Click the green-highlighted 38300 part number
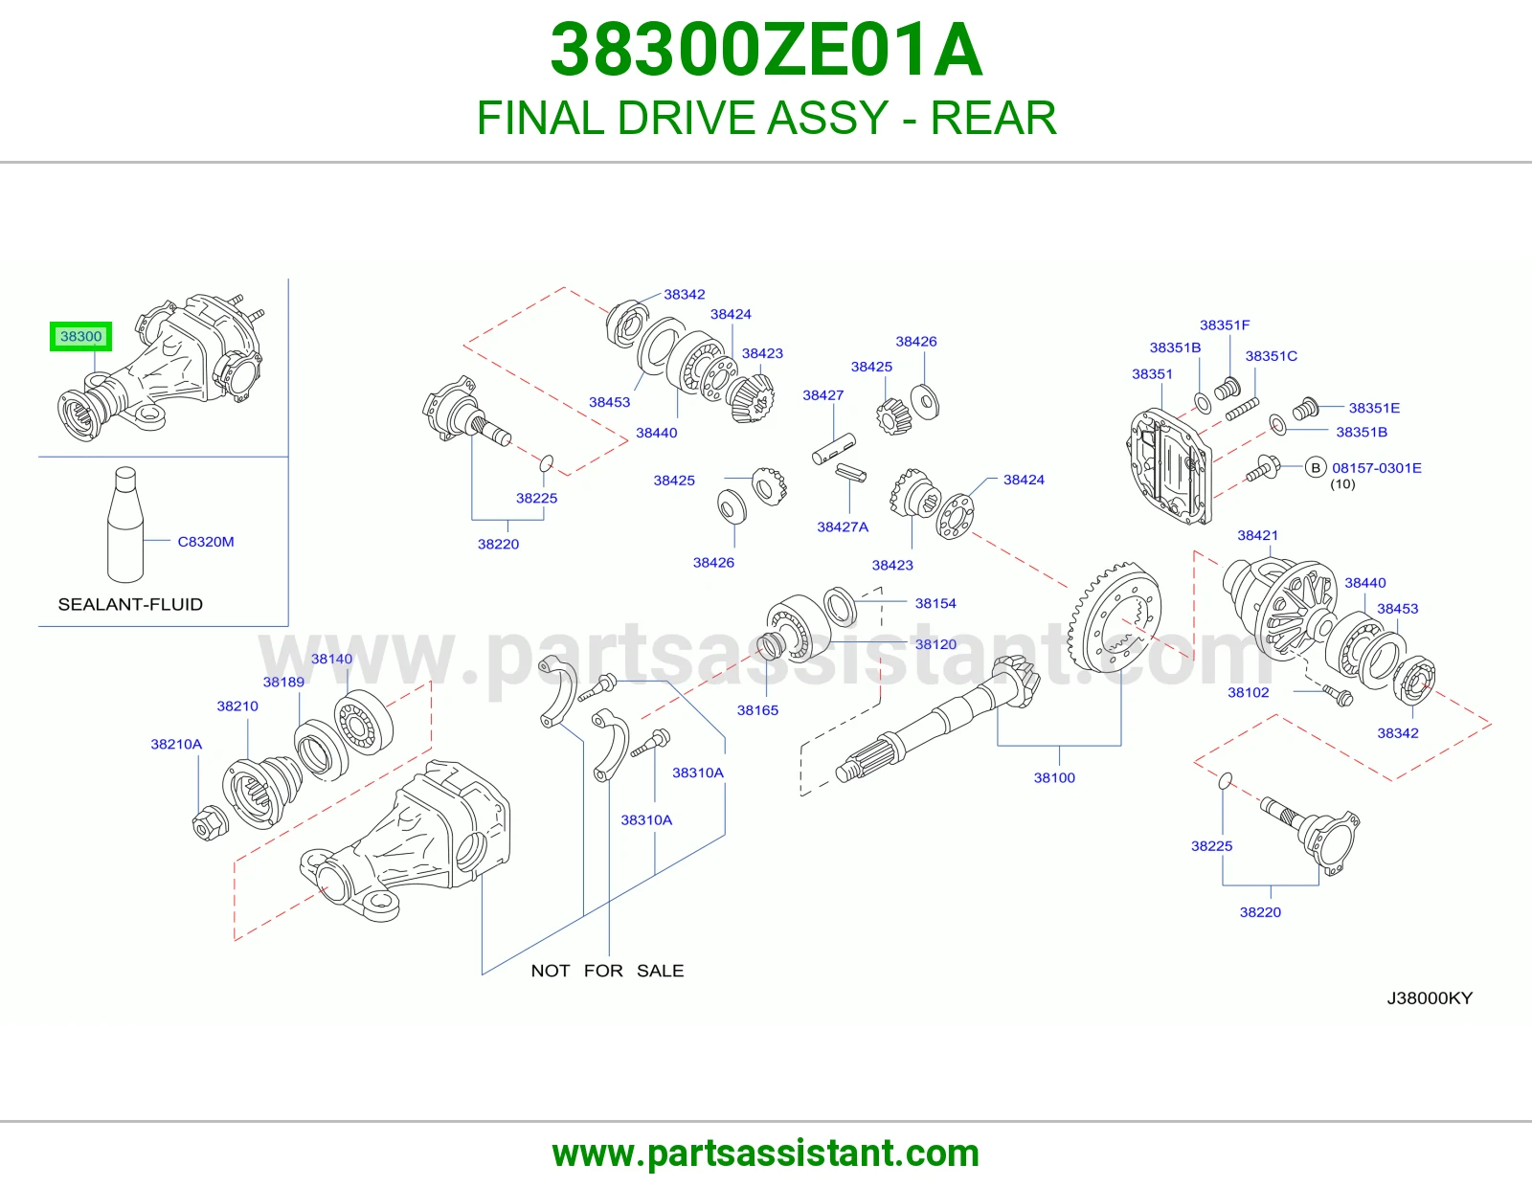point(80,336)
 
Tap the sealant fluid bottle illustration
point(125,525)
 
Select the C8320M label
point(205,542)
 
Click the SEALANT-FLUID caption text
point(130,604)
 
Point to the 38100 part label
point(1054,777)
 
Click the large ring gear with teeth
point(1114,616)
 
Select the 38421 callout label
point(1257,535)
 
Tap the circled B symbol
point(1315,467)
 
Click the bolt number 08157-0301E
point(1376,468)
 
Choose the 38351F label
point(1225,325)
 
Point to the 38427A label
point(843,526)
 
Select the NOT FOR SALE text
point(607,971)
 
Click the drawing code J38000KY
point(1430,998)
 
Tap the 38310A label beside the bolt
point(697,773)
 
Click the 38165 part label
point(757,709)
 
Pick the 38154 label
point(935,603)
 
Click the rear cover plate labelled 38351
point(1169,467)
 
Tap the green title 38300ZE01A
point(766,50)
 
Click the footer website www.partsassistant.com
point(766,1153)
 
